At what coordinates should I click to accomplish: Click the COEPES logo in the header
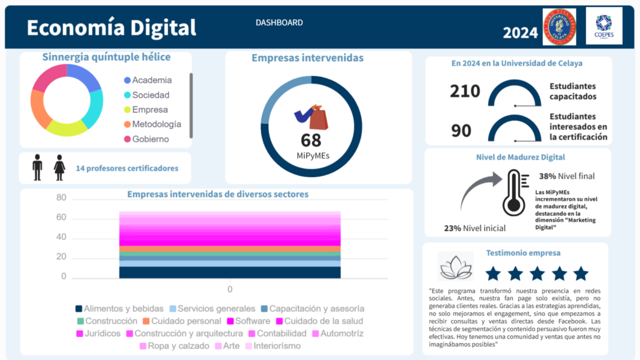point(604,26)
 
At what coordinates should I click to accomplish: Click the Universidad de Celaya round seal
point(559,27)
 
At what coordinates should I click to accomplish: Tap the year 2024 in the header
point(520,33)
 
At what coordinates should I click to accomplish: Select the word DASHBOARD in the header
point(279,23)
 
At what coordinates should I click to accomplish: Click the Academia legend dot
point(127,80)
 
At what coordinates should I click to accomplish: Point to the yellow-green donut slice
point(66,129)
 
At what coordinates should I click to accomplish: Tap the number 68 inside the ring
point(311,140)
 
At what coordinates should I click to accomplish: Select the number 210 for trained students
point(465,91)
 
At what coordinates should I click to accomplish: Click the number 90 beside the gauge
point(461,131)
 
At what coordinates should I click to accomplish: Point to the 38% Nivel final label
point(567,176)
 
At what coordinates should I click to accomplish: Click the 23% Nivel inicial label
point(475,228)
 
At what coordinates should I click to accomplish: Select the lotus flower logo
point(456,267)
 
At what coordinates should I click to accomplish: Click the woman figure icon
point(59,168)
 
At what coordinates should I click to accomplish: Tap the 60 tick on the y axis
point(61,217)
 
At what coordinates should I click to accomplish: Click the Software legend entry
point(249,321)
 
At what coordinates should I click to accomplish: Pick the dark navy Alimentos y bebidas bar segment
point(230,272)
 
